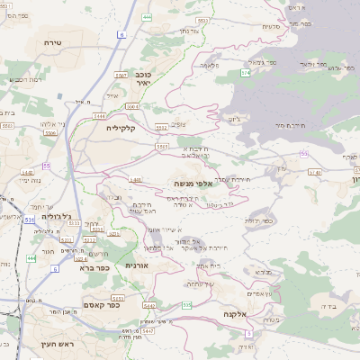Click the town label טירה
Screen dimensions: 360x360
pos(51,41)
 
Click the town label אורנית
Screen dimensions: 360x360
pos(137,265)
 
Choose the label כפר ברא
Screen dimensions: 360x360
pos(94,267)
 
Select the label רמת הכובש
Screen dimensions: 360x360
pos(22,80)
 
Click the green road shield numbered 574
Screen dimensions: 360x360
pos(247,71)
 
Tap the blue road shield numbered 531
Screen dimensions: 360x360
pos(30,218)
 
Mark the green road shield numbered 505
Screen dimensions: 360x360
pos(185,306)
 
